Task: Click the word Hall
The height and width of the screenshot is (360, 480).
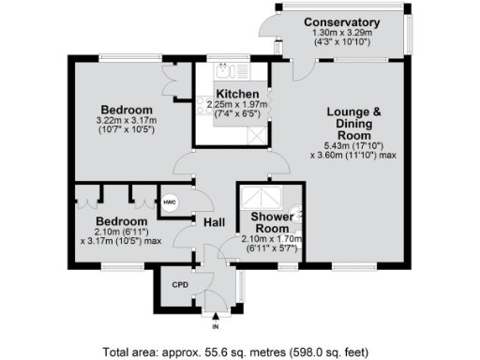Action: click(212, 222)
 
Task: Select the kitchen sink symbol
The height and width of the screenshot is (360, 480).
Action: click(224, 71)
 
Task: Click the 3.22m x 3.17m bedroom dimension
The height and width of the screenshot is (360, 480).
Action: click(127, 124)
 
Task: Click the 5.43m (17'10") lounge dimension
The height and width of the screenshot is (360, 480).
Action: click(352, 148)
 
